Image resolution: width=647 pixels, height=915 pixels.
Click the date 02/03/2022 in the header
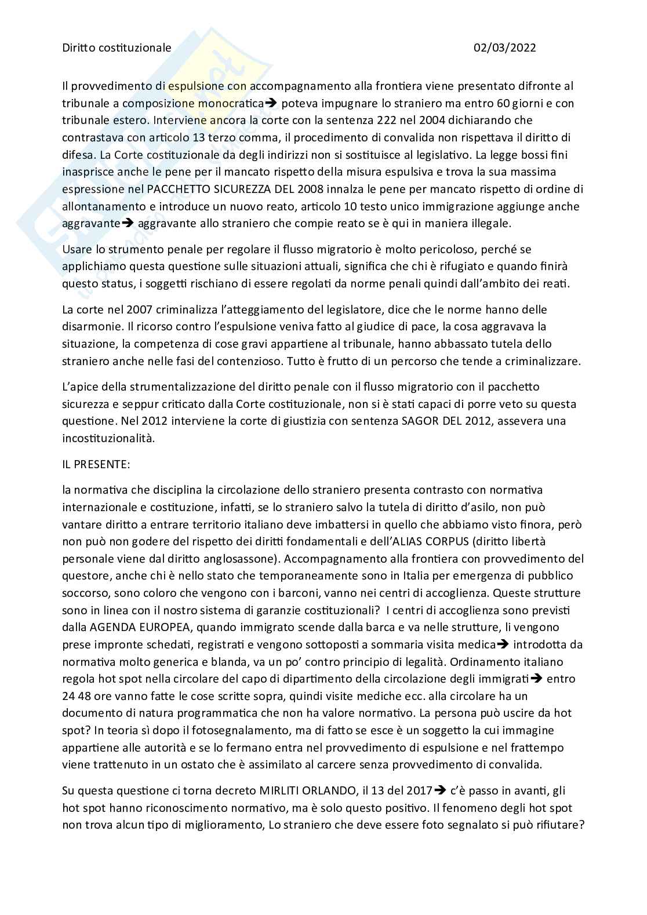[504, 48]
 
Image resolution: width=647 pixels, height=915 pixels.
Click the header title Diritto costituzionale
[117, 48]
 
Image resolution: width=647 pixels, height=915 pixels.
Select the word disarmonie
[89, 326]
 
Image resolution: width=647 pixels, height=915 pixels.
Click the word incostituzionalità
[108, 438]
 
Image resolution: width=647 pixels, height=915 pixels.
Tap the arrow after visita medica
[503, 644]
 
